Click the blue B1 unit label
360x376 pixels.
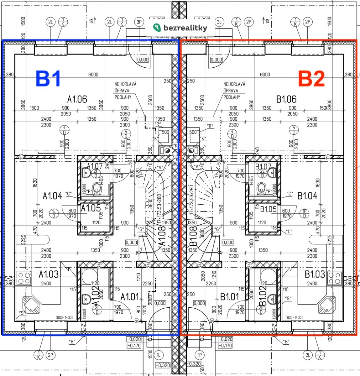coord(48,79)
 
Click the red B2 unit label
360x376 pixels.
coord(311,79)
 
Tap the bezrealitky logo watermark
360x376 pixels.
coord(180,28)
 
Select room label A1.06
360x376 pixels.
coord(77,99)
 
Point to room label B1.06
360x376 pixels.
coord(286,99)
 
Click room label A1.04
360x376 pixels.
coord(52,196)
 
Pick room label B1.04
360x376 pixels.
coord(307,196)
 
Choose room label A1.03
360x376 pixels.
coord(49,274)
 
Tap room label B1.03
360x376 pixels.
coord(315,274)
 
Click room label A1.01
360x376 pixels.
coord(130,296)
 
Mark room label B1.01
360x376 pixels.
coord(230,296)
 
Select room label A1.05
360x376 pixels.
coord(91,208)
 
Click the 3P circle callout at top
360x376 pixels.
coord(139,22)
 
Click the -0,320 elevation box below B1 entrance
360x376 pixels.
coord(162,365)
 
